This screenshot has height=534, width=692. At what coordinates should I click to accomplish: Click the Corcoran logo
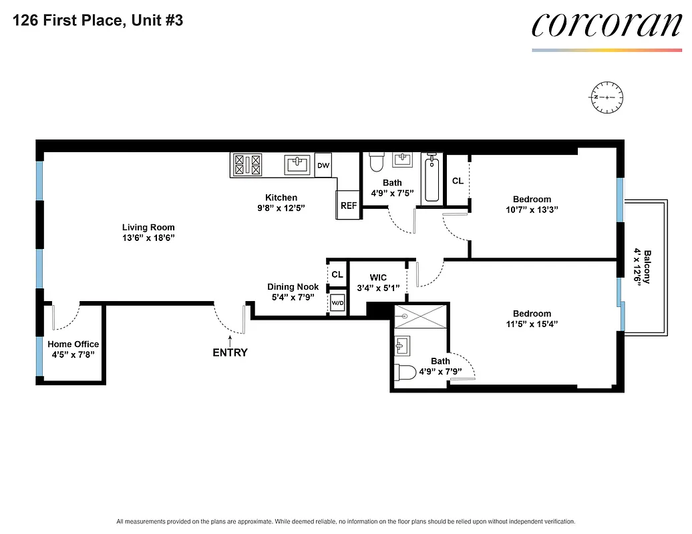coord(607,26)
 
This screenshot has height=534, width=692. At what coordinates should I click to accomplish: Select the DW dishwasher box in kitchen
coord(323,165)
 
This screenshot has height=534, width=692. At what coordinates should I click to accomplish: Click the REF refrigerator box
coord(349,206)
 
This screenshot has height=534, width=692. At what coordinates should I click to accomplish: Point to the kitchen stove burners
coord(247,165)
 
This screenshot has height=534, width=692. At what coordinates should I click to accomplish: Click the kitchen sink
coord(296,164)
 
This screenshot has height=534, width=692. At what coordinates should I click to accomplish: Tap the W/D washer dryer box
coord(337,302)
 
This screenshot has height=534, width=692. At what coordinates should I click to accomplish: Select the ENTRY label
coord(230,352)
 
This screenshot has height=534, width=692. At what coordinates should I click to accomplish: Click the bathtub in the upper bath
coord(431,178)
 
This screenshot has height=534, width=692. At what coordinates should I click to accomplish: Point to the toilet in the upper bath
coord(377,162)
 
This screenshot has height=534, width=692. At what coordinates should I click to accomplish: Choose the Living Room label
coord(148,228)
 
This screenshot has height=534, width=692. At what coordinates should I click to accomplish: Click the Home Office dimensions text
coord(73,354)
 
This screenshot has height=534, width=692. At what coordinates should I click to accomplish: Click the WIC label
coord(378,278)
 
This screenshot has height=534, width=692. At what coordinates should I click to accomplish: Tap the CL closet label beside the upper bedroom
coord(458,181)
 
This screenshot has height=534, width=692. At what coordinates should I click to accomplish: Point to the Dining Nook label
coord(293,287)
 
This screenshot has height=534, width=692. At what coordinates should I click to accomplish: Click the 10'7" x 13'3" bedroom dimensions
coord(532,209)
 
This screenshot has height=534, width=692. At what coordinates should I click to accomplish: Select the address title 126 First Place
coord(97,21)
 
